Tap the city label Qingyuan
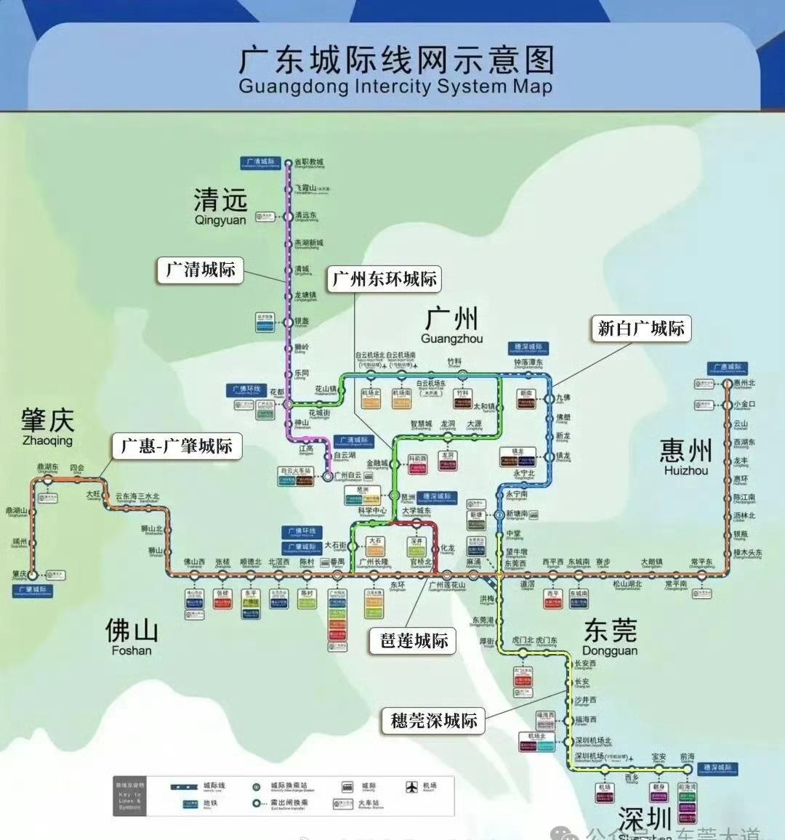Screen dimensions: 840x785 (x=220, y=206)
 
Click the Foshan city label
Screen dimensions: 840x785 (x=132, y=637)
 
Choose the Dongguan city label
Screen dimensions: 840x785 (x=610, y=637)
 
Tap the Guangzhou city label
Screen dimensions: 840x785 (x=451, y=325)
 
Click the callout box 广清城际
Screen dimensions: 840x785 (x=201, y=270)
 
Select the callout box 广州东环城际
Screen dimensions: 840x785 (x=385, y=279)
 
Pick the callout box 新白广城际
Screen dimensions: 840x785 (x=640, y=328)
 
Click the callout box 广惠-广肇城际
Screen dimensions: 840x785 (x=177, y=445)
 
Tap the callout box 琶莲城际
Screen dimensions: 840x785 (x=414, y=640)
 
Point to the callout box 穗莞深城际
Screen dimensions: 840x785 (x=434, y=720)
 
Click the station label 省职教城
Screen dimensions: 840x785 (x=309, y=163)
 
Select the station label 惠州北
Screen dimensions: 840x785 (x=744, y=383)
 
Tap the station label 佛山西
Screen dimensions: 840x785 (x=194, y=562)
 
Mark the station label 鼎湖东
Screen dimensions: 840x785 (x=48, y=468)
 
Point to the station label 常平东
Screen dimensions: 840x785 (x=701, y=562)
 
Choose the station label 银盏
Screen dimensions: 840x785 (x=302, y=321)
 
